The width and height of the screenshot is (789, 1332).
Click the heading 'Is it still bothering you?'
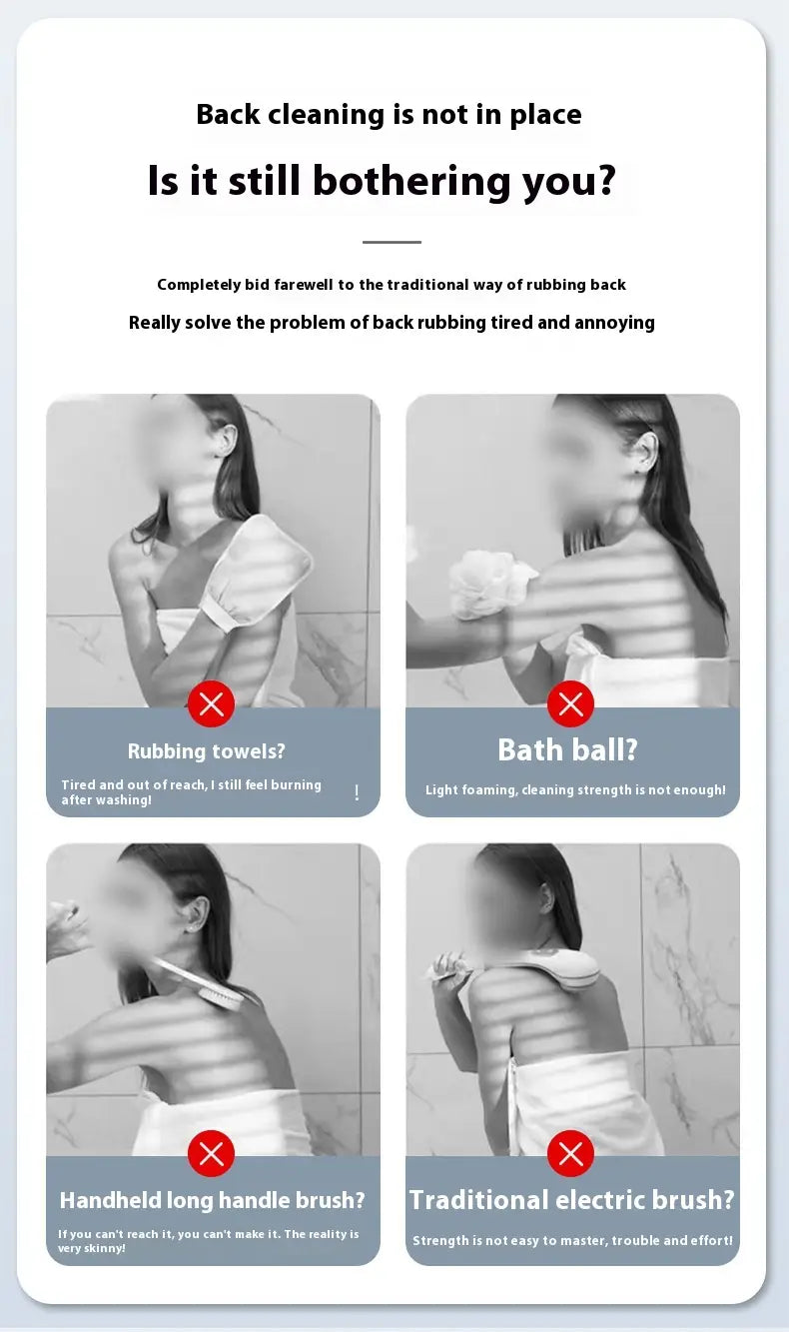(382, 181)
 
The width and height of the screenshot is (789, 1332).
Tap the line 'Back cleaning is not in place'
(389, 114)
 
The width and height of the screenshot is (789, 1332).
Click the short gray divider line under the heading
(392, 242)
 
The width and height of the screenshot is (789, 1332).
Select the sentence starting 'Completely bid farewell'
(392, 285)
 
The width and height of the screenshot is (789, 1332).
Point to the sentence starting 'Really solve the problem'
(392, 323)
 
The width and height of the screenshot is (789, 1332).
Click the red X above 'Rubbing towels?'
(211, 704)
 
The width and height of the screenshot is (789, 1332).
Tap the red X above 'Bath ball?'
(570, 704)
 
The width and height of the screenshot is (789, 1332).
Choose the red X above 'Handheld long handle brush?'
(211, 1154)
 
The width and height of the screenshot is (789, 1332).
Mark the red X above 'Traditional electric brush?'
(570, 1154)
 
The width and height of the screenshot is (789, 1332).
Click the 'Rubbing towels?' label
(207, 751)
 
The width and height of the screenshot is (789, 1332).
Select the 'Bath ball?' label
(567, 750)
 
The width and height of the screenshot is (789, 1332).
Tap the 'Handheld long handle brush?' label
(212, 1200)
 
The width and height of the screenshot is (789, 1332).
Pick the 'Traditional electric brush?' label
(572, 1200)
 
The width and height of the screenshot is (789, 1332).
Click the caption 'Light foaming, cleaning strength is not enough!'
(575, 790)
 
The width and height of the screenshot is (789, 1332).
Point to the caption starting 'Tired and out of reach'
(191, 792)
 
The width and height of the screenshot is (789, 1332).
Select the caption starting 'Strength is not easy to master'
(572, 1241)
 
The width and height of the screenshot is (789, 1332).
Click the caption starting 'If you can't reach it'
(208, 1241)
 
